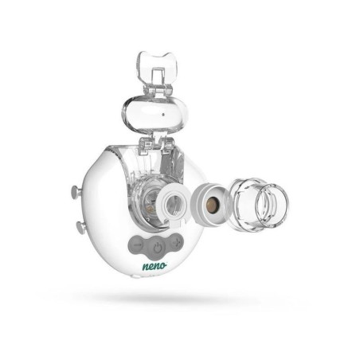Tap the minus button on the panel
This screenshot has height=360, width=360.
138,245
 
